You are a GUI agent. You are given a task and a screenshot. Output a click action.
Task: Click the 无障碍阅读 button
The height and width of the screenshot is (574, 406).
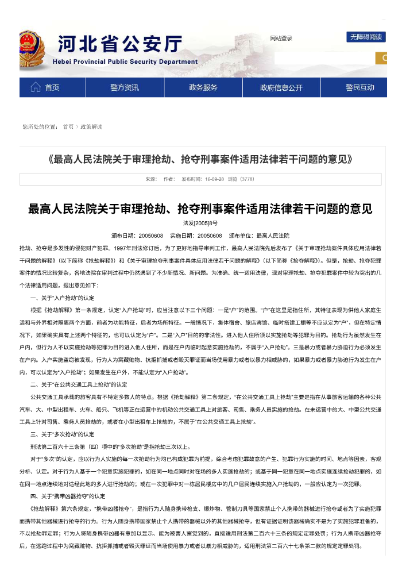click(365, 37)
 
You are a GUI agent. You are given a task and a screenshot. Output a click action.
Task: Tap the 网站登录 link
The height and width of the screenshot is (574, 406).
click(281, 38)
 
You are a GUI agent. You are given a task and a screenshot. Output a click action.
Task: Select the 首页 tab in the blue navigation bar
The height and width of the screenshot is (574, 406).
click(52, 87)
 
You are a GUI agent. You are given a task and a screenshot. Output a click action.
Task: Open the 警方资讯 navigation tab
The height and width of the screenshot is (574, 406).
click(125, 87)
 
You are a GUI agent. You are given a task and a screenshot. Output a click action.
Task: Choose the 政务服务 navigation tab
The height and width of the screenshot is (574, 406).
click(203, 87)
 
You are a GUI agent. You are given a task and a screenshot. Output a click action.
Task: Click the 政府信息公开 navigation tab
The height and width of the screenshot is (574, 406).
click(281, 88)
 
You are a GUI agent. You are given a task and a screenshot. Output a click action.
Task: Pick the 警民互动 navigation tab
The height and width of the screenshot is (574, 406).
click(359, 87)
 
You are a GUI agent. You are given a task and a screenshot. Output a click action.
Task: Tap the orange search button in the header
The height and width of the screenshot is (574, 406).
click(382, 58)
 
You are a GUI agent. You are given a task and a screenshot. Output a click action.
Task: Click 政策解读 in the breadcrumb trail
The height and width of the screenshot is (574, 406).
click(91, 126)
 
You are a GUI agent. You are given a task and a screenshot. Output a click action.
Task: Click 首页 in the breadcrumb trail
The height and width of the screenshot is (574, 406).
click(68, 126)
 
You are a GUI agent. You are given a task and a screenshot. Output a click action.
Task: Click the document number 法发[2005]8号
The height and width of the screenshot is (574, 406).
click(200, 222)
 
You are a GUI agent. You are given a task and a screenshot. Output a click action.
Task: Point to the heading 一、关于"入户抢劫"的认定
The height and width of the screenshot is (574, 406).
click(62, 298)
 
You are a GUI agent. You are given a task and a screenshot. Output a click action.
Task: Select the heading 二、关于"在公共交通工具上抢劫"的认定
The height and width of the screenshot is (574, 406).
click(79, 384)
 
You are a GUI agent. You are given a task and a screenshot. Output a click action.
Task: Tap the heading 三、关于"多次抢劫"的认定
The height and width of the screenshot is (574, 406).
click(62, 434)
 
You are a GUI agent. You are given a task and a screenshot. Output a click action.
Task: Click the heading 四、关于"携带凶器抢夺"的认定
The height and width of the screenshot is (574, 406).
click(68, 496)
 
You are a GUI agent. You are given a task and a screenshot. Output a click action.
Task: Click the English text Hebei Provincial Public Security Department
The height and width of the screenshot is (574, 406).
click(125, 61)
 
